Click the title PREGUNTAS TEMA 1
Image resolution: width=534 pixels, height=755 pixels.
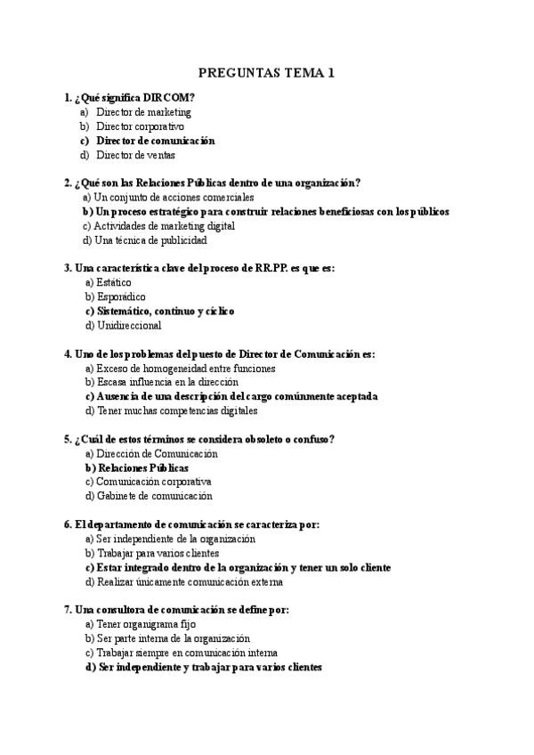point(266,72)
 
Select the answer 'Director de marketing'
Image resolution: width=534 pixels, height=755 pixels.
point(143,112)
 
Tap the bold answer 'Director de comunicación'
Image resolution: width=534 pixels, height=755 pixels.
point(155,141)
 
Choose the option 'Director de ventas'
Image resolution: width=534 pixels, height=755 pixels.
point(136,155)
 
